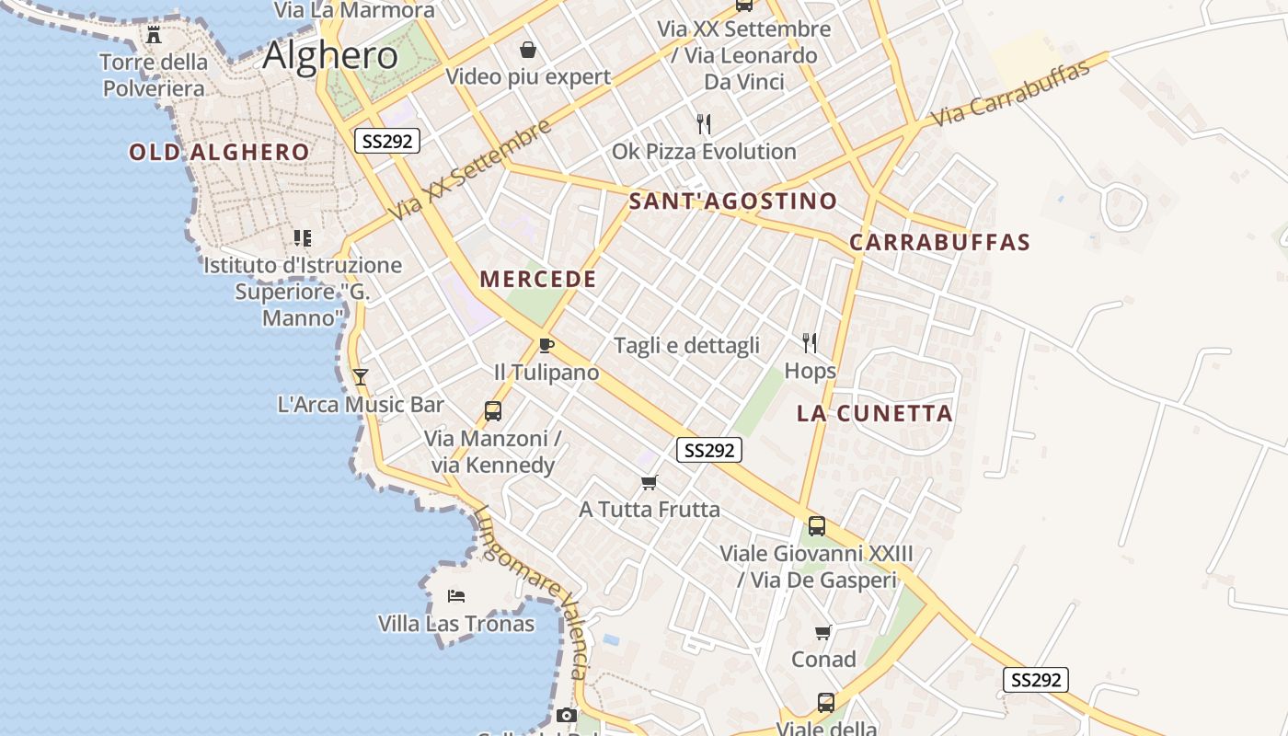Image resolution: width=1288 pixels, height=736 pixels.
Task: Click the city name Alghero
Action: click(330, 56)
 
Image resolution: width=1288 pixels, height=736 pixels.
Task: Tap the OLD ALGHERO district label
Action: click(219, 153)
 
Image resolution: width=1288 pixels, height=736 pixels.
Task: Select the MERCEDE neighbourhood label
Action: click(538, 280)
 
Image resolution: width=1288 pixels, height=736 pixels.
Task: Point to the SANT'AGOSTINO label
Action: click(733, 201)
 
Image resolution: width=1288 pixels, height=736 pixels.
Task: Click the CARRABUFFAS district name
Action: click(939, 243)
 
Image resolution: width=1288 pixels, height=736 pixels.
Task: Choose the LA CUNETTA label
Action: click(875, 414)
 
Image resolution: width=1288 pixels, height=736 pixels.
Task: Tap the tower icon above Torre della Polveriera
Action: click(154, 35)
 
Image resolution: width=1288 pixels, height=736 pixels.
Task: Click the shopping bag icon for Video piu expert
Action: click(528, 50)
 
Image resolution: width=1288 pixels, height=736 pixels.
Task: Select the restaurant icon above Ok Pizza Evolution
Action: click(704, 124)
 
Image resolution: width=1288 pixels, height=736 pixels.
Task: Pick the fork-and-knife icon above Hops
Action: click(810, 343)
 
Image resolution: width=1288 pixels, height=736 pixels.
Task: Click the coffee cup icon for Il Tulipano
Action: click(546, 346)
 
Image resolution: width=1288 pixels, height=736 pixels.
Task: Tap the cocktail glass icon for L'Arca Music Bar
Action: click(360, 377)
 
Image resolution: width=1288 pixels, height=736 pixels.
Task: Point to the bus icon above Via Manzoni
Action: click(492, 411)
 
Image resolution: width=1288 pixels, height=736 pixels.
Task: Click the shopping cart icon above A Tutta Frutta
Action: click(650, 483)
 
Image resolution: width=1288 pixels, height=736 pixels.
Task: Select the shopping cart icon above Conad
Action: click(823, 633)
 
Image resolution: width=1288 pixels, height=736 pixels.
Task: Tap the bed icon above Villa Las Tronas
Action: click(456, 596)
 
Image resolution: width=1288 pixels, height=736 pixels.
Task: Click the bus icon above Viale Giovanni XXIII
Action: click(816, 526)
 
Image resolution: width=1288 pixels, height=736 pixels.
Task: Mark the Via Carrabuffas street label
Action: click(1009, 94)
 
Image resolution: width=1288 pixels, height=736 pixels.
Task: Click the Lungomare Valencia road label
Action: click(531, 593)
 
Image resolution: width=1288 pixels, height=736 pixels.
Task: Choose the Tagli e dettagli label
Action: click(686, 346)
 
